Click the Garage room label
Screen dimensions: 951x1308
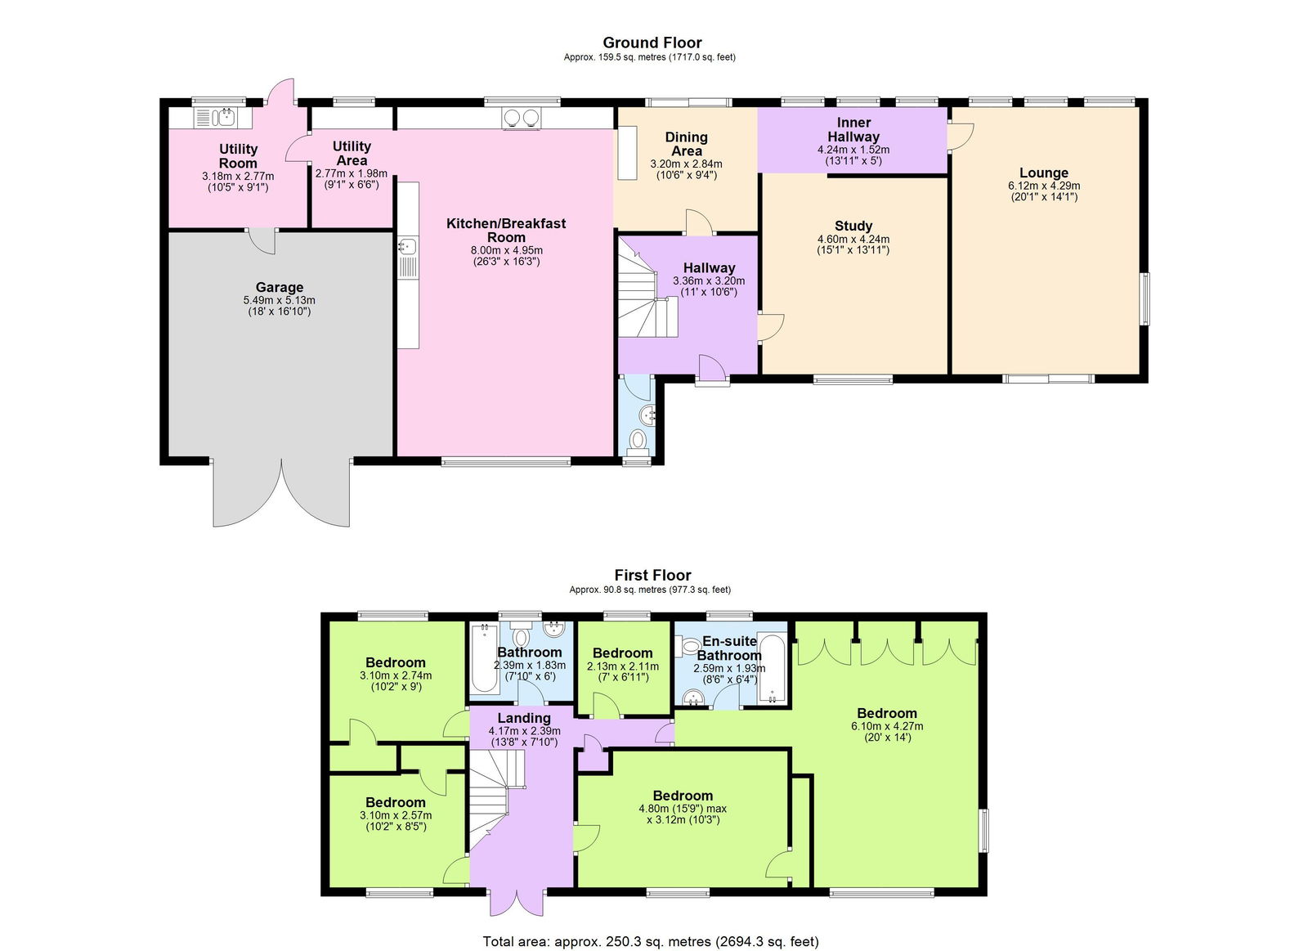click(x=279, y=287)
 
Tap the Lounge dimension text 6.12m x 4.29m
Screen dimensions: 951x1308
click(x=1043, y=186)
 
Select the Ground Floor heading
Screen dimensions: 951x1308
click(x=652, y=43)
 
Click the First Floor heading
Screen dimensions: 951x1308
click(x=652, y=575)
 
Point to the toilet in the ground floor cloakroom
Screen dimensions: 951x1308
click(x=638, y=441)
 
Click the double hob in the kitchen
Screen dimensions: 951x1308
click(x=521, y=119)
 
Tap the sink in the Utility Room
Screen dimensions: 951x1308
click(x=226, y=118)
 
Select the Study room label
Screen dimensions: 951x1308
click(x=853, y=226)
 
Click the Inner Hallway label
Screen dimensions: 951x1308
click(x=853, y=129)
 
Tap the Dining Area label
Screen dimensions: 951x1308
click(x=686, y=144)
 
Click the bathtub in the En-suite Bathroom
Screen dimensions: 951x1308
click(x=772, y=668)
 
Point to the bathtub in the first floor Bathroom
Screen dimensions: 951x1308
click(x=482, y=657)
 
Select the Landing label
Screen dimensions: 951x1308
click(x=524, y=718)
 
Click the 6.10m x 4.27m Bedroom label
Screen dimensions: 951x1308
click(x=887, y=713)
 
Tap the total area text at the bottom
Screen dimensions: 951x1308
click(x=650, y=941)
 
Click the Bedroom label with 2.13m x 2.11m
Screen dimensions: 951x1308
click(x=622, y=653)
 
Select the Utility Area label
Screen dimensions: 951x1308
click(x=352, y=153)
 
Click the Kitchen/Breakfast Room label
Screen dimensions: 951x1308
click(x=506, y=230)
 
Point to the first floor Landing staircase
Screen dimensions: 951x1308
click(x=495, y=797)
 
